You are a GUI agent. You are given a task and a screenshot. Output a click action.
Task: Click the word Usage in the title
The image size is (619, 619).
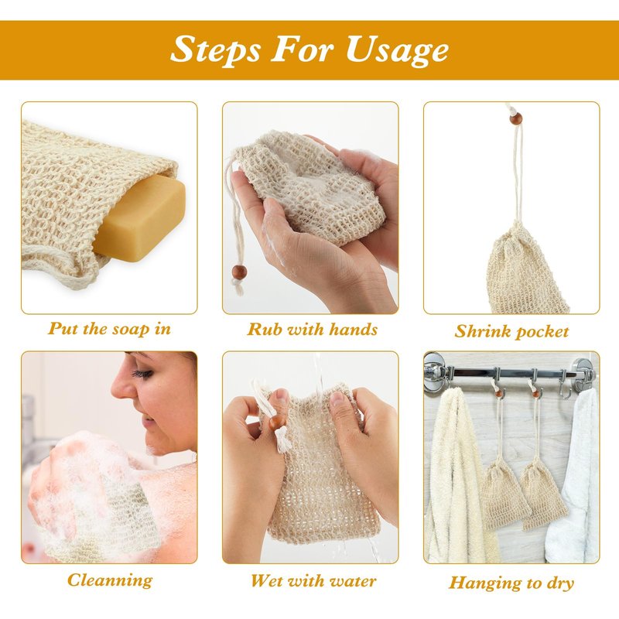(397, 50)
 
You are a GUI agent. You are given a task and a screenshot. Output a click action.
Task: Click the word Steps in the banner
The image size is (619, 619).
(216, 50)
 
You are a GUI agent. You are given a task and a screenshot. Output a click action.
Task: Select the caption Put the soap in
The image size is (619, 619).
(109, 330)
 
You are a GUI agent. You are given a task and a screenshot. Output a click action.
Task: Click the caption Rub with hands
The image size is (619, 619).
(313, 330)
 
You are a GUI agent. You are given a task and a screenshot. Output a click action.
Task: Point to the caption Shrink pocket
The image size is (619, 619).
(511, 332)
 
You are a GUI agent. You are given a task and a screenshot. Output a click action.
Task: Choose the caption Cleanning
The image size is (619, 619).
(110, 580)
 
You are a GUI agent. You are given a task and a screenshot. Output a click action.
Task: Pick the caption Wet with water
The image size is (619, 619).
(313, 581)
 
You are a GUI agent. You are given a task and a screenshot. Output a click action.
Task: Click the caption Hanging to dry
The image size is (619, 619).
(511, 583)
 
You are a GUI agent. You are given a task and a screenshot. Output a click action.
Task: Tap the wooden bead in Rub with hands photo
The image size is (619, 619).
(239, 272)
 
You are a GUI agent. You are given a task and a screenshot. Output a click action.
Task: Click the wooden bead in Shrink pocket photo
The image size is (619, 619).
(515, 118)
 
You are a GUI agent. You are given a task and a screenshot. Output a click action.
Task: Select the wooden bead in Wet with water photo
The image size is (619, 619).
(278, 422)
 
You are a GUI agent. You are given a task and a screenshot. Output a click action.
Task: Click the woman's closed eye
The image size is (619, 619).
(143, 373)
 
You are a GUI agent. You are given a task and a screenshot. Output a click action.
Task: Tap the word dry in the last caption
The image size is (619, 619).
(559, 584)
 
